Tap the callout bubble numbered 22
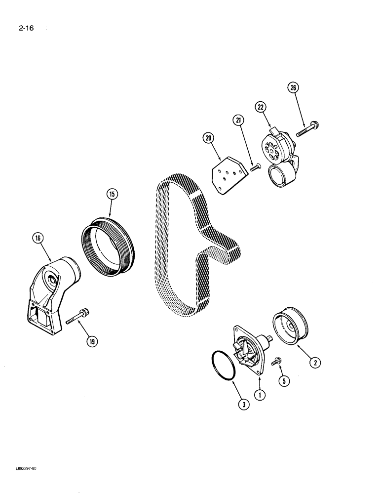point(261,107)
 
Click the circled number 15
point(112,194)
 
